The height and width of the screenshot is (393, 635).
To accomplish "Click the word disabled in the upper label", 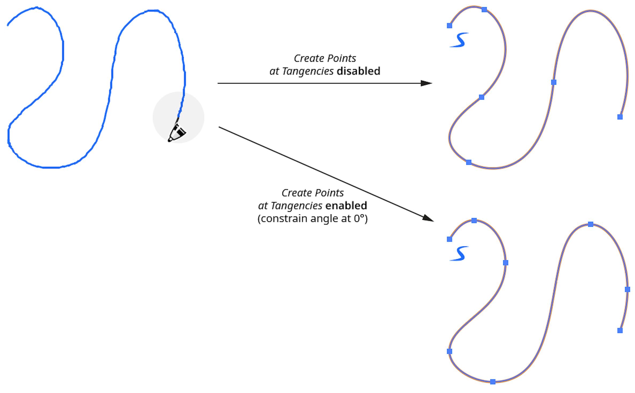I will [x=358, y=71].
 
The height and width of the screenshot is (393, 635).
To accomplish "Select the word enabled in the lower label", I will [x=346, y=206].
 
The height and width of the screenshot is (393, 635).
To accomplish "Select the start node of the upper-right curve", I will [x=450, y=26].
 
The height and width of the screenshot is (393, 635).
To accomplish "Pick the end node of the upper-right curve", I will [x=620, y=117].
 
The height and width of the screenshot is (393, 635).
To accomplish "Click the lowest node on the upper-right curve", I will [x=469, y=162].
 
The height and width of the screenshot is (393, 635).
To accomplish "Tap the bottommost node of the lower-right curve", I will [x=493, y=382].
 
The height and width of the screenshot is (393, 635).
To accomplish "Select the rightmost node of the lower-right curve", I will [x=628, y=289].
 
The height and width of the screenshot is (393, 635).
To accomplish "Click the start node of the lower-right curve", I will [x=450, y=239].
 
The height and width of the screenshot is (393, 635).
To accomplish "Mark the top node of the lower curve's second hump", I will [x=591, y=224].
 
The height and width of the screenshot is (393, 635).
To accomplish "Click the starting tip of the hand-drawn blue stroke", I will [x=8, y=25].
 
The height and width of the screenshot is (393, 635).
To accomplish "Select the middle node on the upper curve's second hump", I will [x=554, y=82].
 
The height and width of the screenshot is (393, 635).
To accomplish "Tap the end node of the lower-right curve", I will [x=620, y=331].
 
